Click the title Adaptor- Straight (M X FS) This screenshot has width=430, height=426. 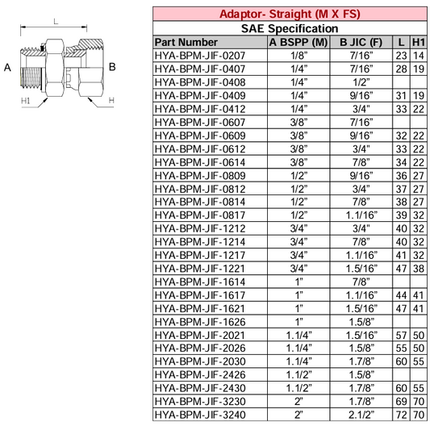[x=290, y=14]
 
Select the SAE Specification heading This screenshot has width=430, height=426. [x=290, y=28]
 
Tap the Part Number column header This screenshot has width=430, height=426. [x=186, y=42]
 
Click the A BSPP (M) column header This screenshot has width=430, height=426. [x=298, y=42]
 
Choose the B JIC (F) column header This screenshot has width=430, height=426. [x=360, y=42]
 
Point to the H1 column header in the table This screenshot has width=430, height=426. [x=419, y=42]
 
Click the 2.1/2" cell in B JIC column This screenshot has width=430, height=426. [x=360, y=415]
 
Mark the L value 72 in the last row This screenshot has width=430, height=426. [x=401, y=415]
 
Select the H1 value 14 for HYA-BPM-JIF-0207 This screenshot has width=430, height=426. [x=419, y=55]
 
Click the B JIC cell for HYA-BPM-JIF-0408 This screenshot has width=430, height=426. [x=360, y=81]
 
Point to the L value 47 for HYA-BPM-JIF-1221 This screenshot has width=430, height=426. [x=401, y=268]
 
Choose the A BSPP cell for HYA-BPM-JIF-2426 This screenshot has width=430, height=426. [x=298, y=374]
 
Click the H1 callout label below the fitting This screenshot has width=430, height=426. [x=25, y=101]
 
